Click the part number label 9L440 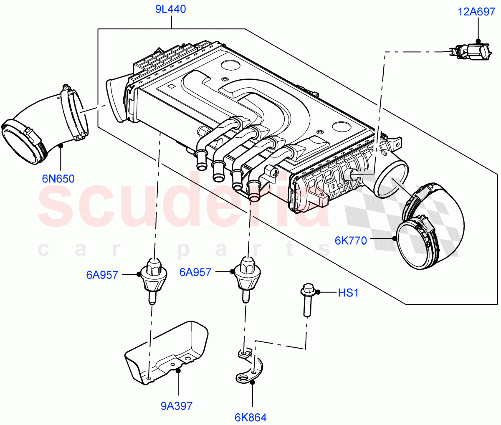171,9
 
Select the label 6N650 58,179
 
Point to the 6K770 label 351,240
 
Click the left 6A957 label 102,275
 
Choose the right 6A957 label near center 195,272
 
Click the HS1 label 348,293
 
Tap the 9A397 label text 177,405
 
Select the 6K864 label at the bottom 250,417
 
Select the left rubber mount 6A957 154,278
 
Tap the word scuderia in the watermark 184,205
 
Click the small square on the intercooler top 170,87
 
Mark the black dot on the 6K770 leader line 394,239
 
